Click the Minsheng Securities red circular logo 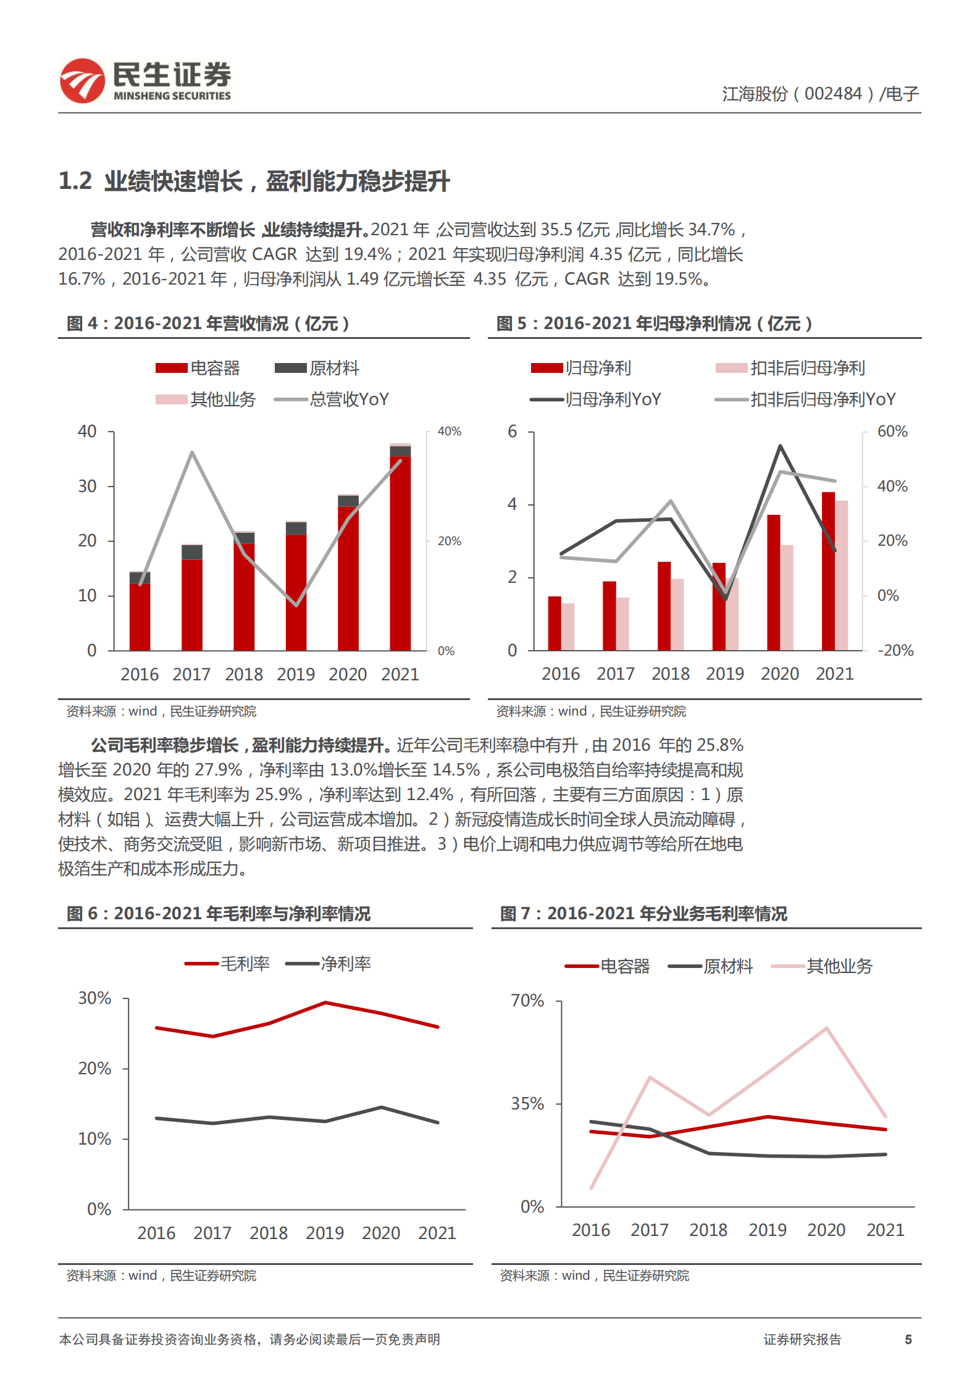click(82, 80)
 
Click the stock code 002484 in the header click(832, 94)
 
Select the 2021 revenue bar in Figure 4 click(400, 549)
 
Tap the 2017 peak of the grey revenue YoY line click(192, 453)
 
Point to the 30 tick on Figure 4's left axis click(88, 486)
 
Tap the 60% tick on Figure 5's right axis click(892, 432)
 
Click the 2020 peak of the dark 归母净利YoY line click(781, 446)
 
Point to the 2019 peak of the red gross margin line click(325, 1003)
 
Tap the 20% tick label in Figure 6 click(94, 1069)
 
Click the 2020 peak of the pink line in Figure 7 click(826, 1028)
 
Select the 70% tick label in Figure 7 click(527, 1001)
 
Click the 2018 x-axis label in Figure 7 click(708, 1230)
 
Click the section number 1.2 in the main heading click(75, 182)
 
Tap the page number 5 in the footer click(908, 1339)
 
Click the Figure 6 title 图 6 click(82, 914)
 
